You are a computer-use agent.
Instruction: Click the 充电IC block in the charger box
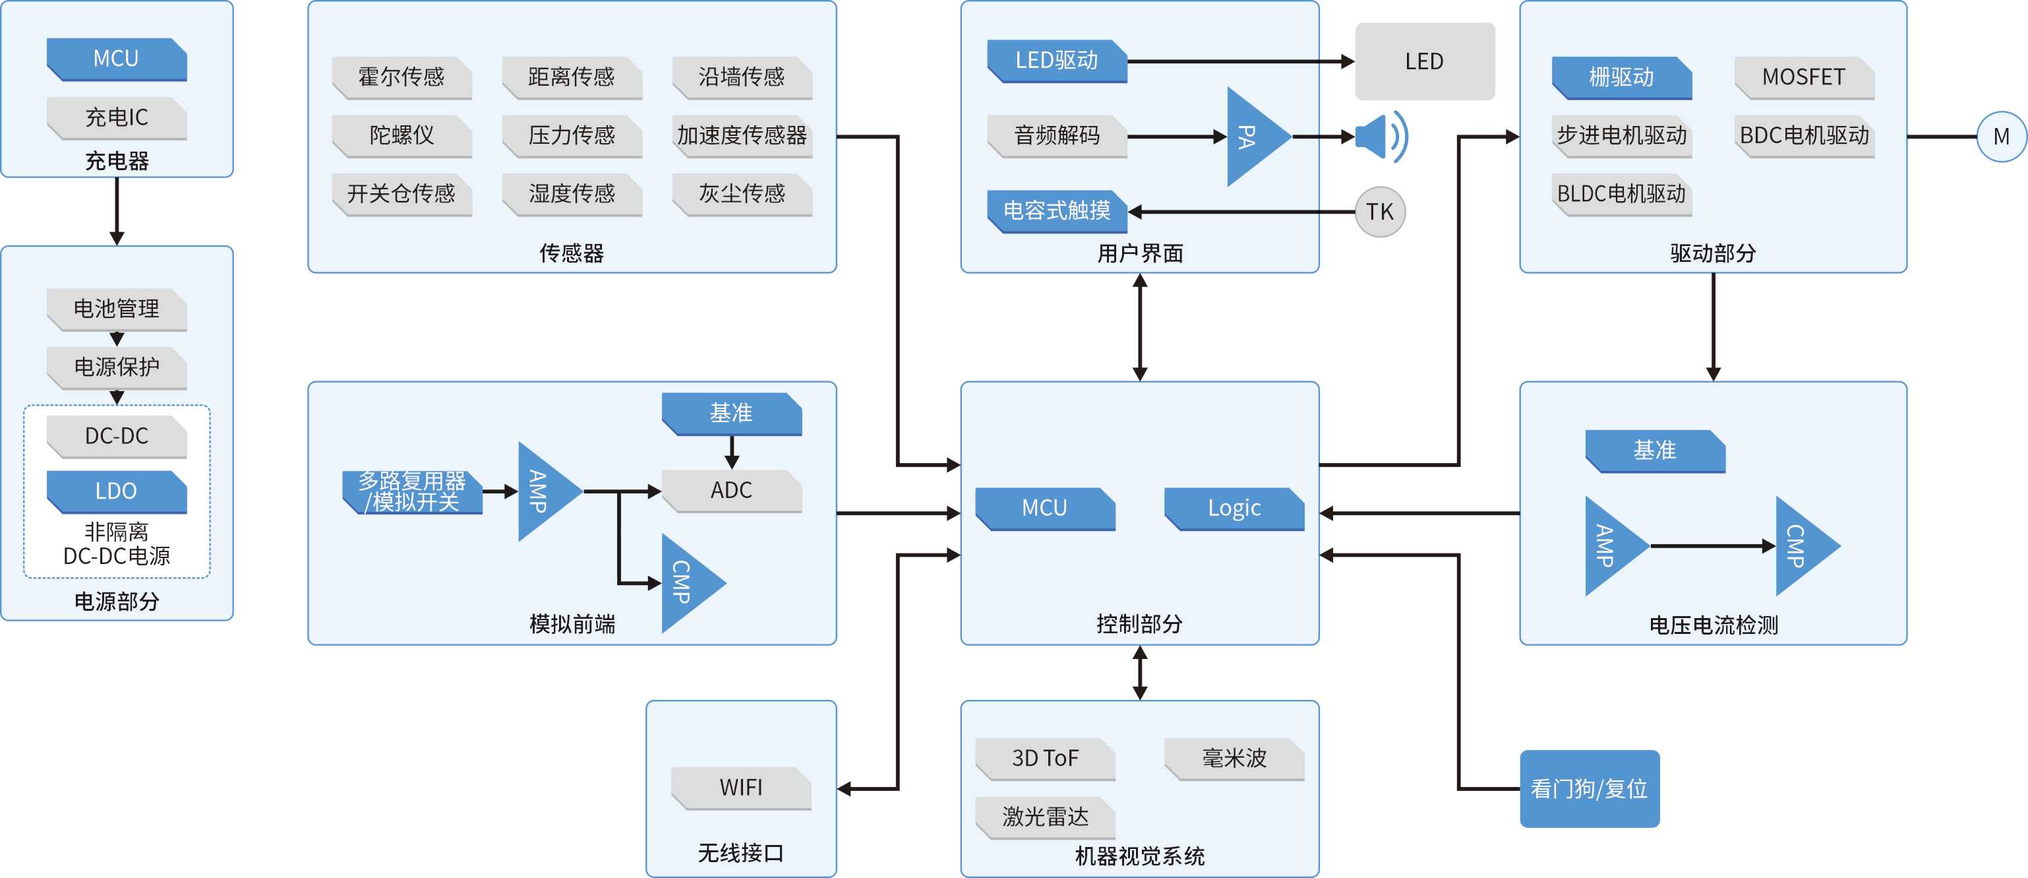click(117, 118)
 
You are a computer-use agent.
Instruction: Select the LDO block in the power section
click(117, 491)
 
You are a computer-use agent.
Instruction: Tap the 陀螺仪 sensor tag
click(402, 135)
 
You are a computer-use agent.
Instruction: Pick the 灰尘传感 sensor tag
click(742, 194)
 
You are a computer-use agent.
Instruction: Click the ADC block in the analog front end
click(731, 491)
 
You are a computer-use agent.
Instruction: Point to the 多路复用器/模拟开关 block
click(412, 492)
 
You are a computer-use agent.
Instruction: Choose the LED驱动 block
click(1056, 61)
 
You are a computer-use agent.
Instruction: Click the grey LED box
click(1424, 61)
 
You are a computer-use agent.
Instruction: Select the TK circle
click(1379, 212)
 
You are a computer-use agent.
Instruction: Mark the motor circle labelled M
click(2001, 137)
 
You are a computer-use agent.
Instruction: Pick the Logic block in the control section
click(1234, 509)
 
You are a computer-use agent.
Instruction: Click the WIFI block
click(741, 788)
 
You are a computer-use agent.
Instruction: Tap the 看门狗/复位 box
click(1589, 788)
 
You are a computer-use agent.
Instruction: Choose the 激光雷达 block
click(1045, 817)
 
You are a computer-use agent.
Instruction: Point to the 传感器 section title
click(572, 253)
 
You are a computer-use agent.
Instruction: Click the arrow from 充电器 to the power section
click(117, 211)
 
